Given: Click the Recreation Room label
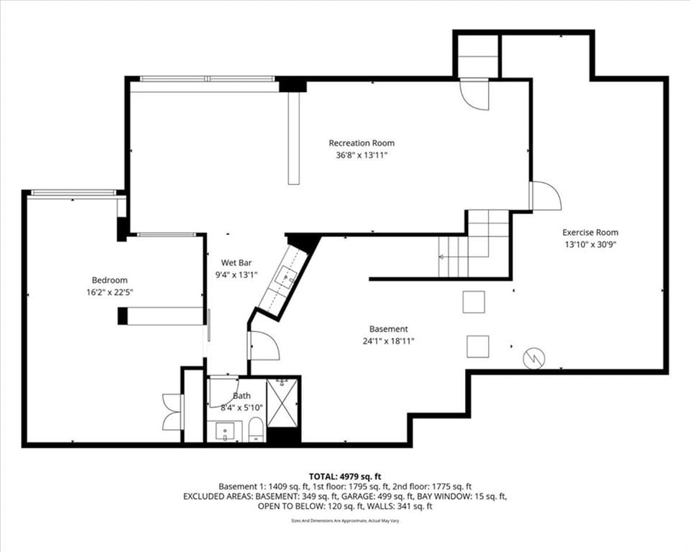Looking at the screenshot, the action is pos(362,143).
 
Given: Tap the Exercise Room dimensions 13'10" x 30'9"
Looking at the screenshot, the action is pos(590,245).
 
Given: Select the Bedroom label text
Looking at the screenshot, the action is pos(109,280).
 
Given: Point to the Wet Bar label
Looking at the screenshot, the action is pos(236,263).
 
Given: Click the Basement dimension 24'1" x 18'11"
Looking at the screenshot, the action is pos(389,341).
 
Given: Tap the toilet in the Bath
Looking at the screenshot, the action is pos(256,430).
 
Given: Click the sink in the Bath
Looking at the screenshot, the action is pos(225,431).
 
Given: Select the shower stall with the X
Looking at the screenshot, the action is pos(282,403).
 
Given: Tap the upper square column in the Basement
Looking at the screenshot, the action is pos(474,302).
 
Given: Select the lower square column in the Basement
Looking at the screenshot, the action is pos(477,346).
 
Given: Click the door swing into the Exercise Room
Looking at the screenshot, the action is pos(546,196).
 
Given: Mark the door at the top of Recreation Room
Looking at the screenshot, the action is pos(474,94).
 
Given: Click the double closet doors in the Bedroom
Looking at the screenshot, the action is pos(172,412).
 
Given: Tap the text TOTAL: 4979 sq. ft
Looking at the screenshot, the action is pos(345,477).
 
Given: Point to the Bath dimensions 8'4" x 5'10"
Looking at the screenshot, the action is pos(241,408).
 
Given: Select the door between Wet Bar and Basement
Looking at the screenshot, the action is pos(264,346).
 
